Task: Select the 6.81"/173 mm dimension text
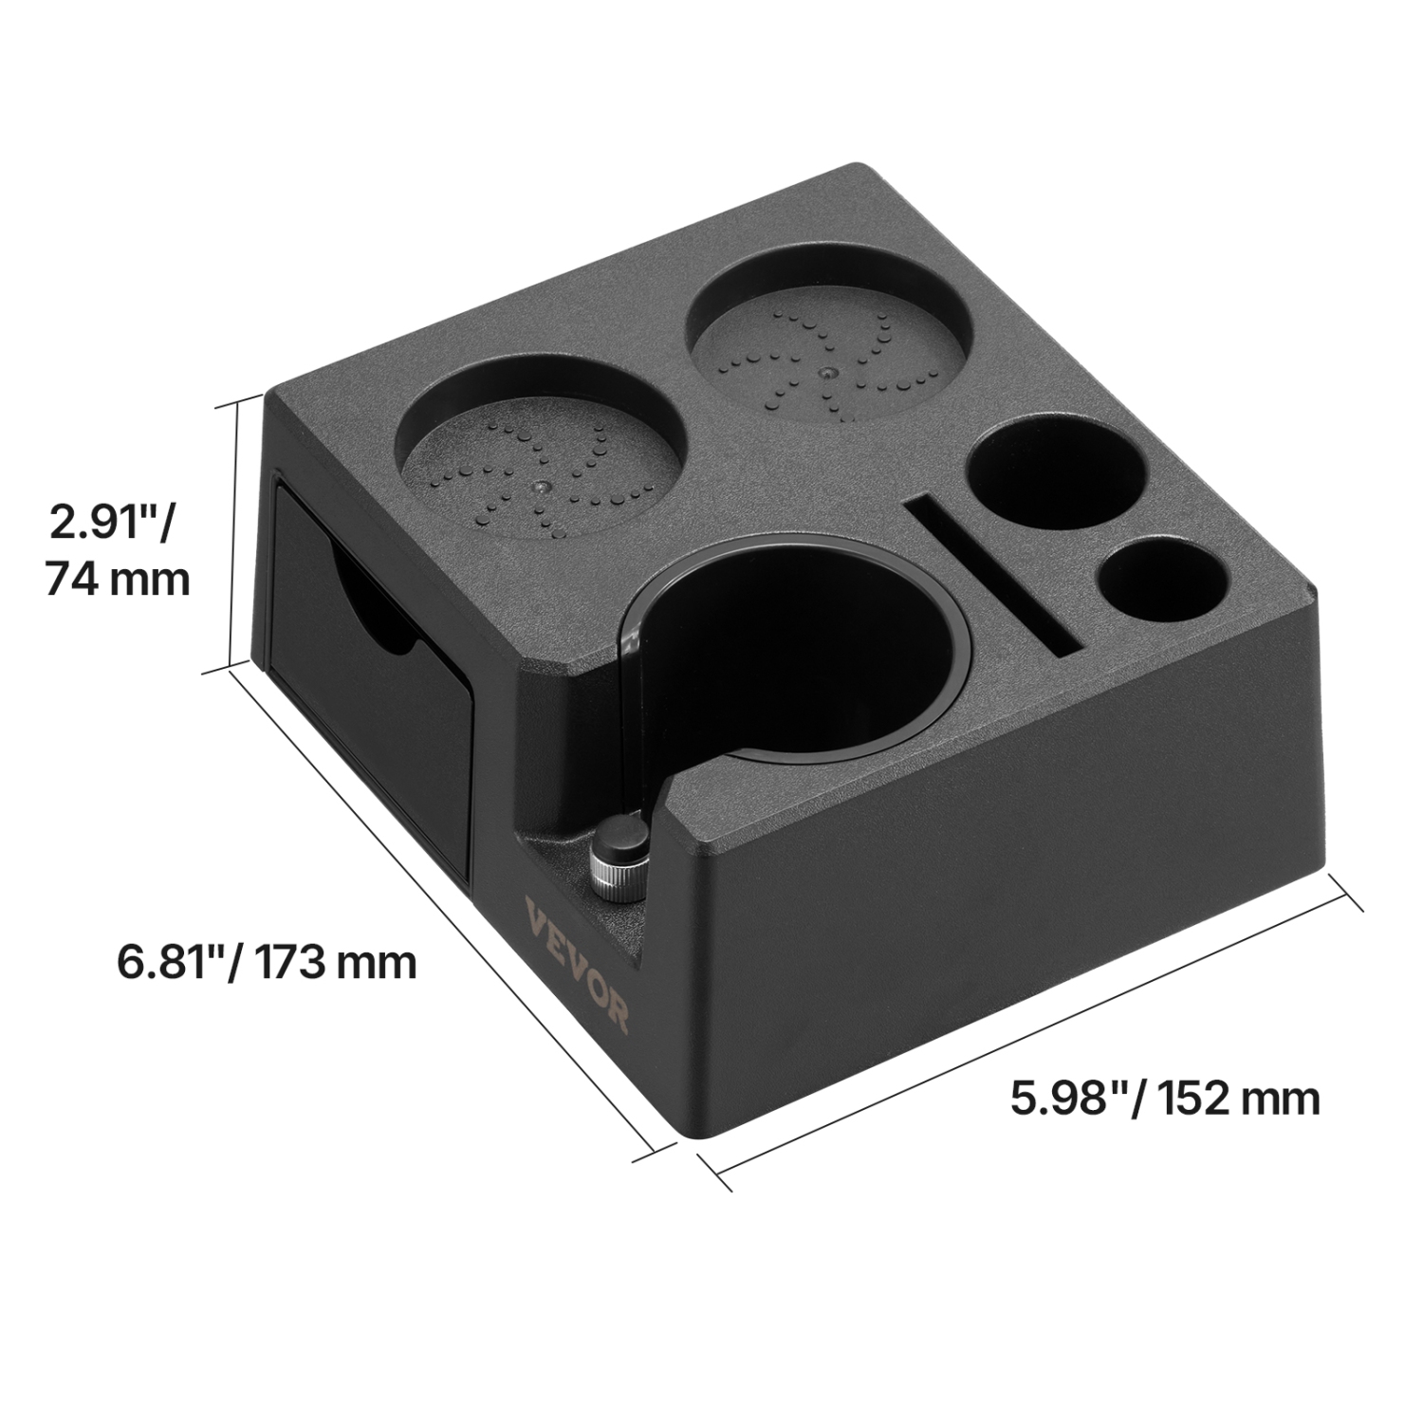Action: pyautogui.click(x=267, y=961)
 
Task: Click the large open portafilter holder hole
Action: pyautogui.click(x=797, y=655)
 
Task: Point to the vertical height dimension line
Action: pyautogui.click(x=231, y=536)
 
